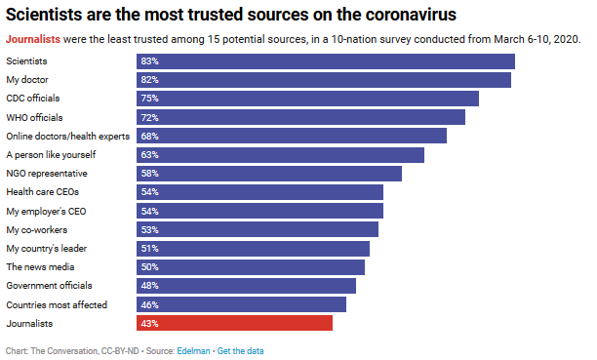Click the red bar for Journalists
(x=234, y=323)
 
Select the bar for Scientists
(x=325, y=61)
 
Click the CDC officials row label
(x=34, y=99)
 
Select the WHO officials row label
(x=35, y=117)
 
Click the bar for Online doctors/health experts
(x=291, y=136)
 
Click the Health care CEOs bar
(x=259, y=192)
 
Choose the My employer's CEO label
(x=46, y=211)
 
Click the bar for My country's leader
(x=253, y=248)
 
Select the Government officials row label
(x=49, y=286)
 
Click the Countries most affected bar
(x=241, y=304)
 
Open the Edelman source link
(x=194, y=350)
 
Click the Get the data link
(x=240, y=350)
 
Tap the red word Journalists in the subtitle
(x=31, y=39)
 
